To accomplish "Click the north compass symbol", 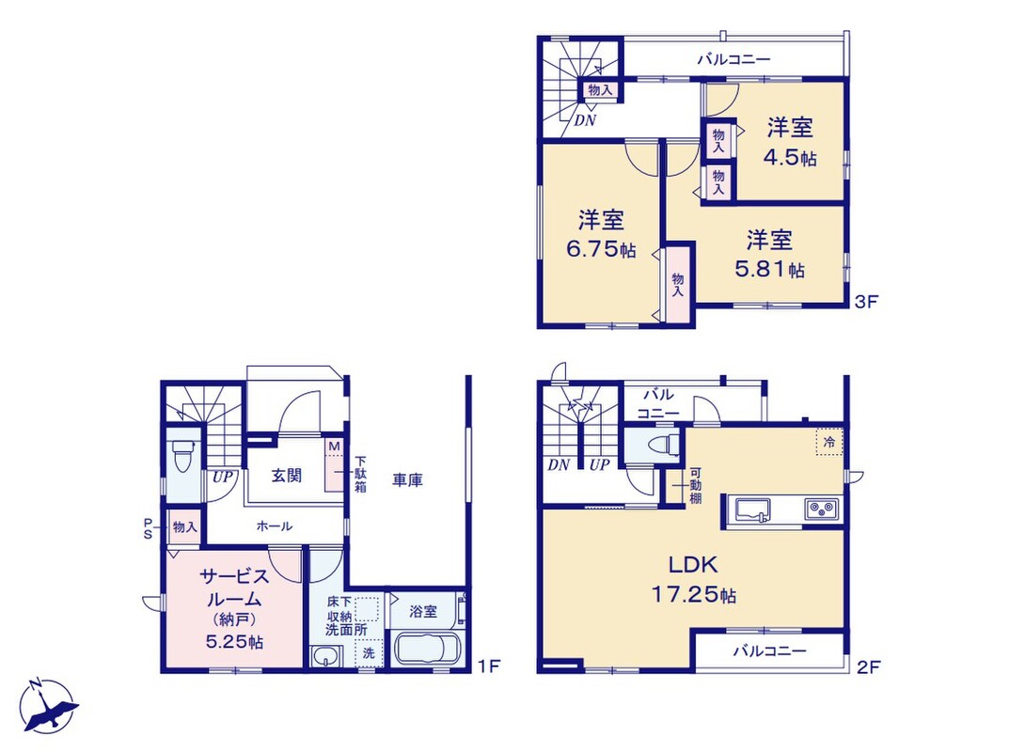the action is click(x=47, y=707).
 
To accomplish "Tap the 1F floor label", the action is click(x=490, y=666).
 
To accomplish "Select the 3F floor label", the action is click(x=867, y=301).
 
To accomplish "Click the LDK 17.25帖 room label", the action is click(x=694, y=580).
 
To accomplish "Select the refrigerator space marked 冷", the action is click(x=828, y=442).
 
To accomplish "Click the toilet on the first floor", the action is click(x=182, y=456).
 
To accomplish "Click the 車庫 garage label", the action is click(x=407, y=480).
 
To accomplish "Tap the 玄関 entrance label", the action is click(x=287, y=476).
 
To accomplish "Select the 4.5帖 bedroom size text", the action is click(x=790, y=158).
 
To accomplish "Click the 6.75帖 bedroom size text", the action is click(x=601, y=249).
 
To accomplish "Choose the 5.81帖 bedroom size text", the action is click(x=769, y=269).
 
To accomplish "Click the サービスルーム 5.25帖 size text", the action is click(x=234, y=641).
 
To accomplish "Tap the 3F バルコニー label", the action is click(x=734, y=60).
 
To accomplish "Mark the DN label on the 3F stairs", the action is click(x=585, y=120).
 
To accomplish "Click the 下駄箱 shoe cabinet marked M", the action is click(x=335, y=465).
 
